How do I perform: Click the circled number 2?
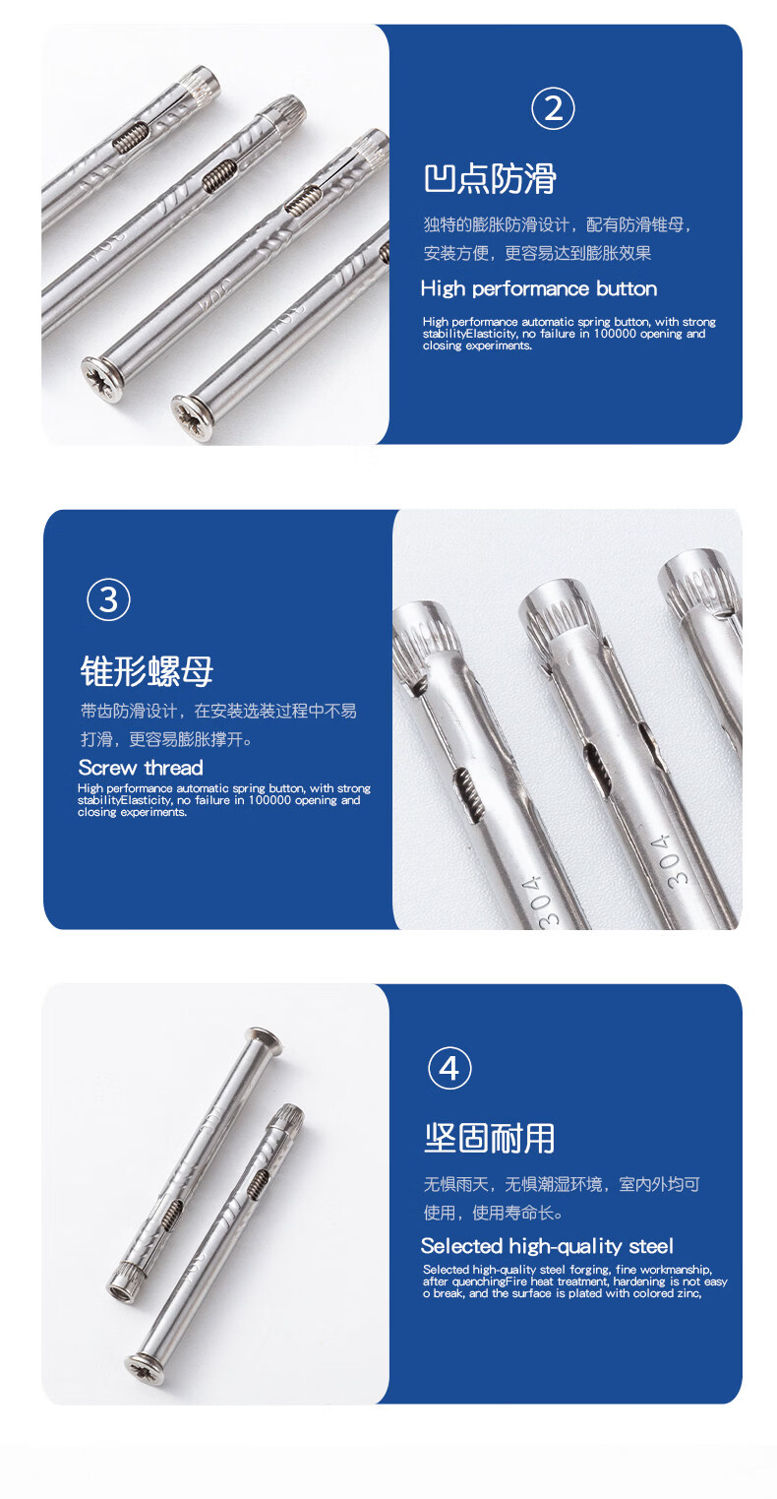[553, 108]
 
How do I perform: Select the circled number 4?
[449, 1068]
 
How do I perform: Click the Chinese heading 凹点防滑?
[490, 179]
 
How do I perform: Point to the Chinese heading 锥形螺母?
[147, 671]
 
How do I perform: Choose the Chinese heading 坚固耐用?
[490, 1139]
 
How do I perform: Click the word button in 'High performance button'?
[627, 288]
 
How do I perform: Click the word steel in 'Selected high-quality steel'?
[651, 1246]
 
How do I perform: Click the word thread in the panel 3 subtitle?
[173, 768]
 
